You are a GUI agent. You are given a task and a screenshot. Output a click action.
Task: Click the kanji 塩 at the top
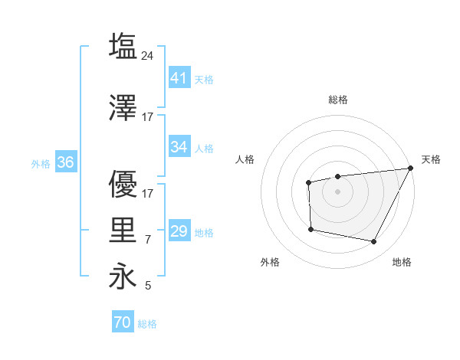pyautogui.click(x=123, y=46)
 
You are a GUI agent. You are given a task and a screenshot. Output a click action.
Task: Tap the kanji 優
pyautogui.click(x=123, y=185)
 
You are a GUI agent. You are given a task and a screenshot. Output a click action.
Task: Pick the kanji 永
pyautogui.click(x=123, y=277)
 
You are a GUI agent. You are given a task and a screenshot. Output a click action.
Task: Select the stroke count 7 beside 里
pyautogui.click(x=148, y=240)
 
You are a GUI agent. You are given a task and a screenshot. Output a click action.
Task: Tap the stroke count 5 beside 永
pyautogui.click(x=148, y=286)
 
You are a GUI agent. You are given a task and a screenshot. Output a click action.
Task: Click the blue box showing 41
pyautogui.click(x=179, y=78)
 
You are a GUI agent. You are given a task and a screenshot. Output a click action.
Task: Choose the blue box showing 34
pyautogui.click(x=179, y=147)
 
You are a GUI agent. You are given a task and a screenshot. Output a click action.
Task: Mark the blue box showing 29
pyautogui.click(x=179, y=231)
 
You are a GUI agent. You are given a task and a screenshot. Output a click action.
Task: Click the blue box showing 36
pyautogui.click(x=65, y=162)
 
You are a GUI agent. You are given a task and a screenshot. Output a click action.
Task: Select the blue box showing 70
pyautogui.click(x=122, y=323)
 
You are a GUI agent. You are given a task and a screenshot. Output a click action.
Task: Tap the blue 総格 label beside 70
pyautogui.click(x=147, y=324)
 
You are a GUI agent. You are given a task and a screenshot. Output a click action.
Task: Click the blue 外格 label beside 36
pyautogui.click(x=41, y=163)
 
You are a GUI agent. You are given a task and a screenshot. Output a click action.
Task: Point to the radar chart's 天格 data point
pyautogui.click(x=412, y=169)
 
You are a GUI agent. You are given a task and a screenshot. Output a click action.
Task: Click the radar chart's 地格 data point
pyautogui.click(x=374, y=242)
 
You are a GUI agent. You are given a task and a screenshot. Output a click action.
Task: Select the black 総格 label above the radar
pyautogui.click(x=337, y=100)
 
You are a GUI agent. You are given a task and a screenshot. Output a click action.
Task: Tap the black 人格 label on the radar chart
pyautogui.click(x=245, y=159)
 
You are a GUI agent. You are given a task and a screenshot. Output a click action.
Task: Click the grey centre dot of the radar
pyautogui.click(x=337, y=191)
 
